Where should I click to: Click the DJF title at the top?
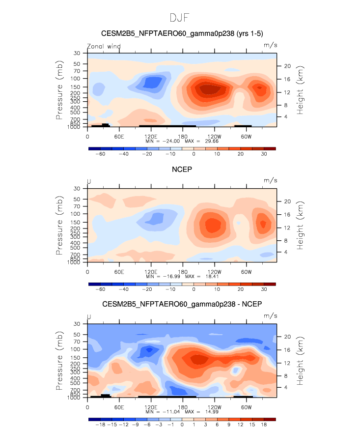180,18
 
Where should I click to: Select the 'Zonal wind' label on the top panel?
104,46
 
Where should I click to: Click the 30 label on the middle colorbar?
264,290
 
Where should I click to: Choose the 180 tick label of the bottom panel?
182,407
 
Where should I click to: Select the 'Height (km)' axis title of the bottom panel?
301,360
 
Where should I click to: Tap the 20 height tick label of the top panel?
288,66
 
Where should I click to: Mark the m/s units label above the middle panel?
271,181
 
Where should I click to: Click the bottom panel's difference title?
182,305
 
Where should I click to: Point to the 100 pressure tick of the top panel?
78,78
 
